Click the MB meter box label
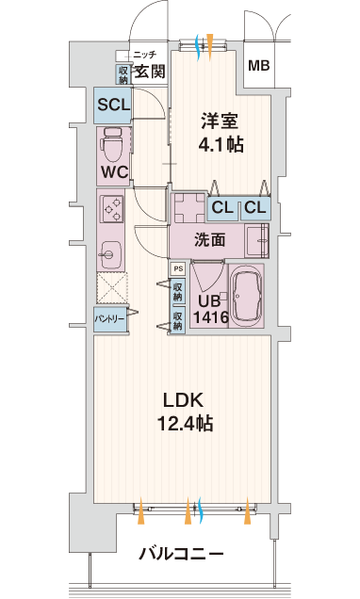tap(259, 65)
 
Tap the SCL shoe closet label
tap(113, 105)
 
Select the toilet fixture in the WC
tap(111, 145)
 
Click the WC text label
tap(114, 172)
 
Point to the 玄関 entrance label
tap(151, 71)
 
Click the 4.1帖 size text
tap(221, 145)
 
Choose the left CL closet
tap(222, 208)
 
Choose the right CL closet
tap(255, 208)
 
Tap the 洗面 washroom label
tap(210, 240)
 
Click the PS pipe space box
tap(178, 269)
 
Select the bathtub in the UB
tap(247, 296)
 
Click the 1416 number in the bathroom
tap(211, 317)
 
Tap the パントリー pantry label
tap(109, 318)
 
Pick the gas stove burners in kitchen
tap(111, 209)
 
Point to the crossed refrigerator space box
tap(112, 289)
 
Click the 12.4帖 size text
tap(186, 424)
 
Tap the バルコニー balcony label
tap(181, 554)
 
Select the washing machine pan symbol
tap(190, 208)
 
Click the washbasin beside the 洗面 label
tap(256, 241)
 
